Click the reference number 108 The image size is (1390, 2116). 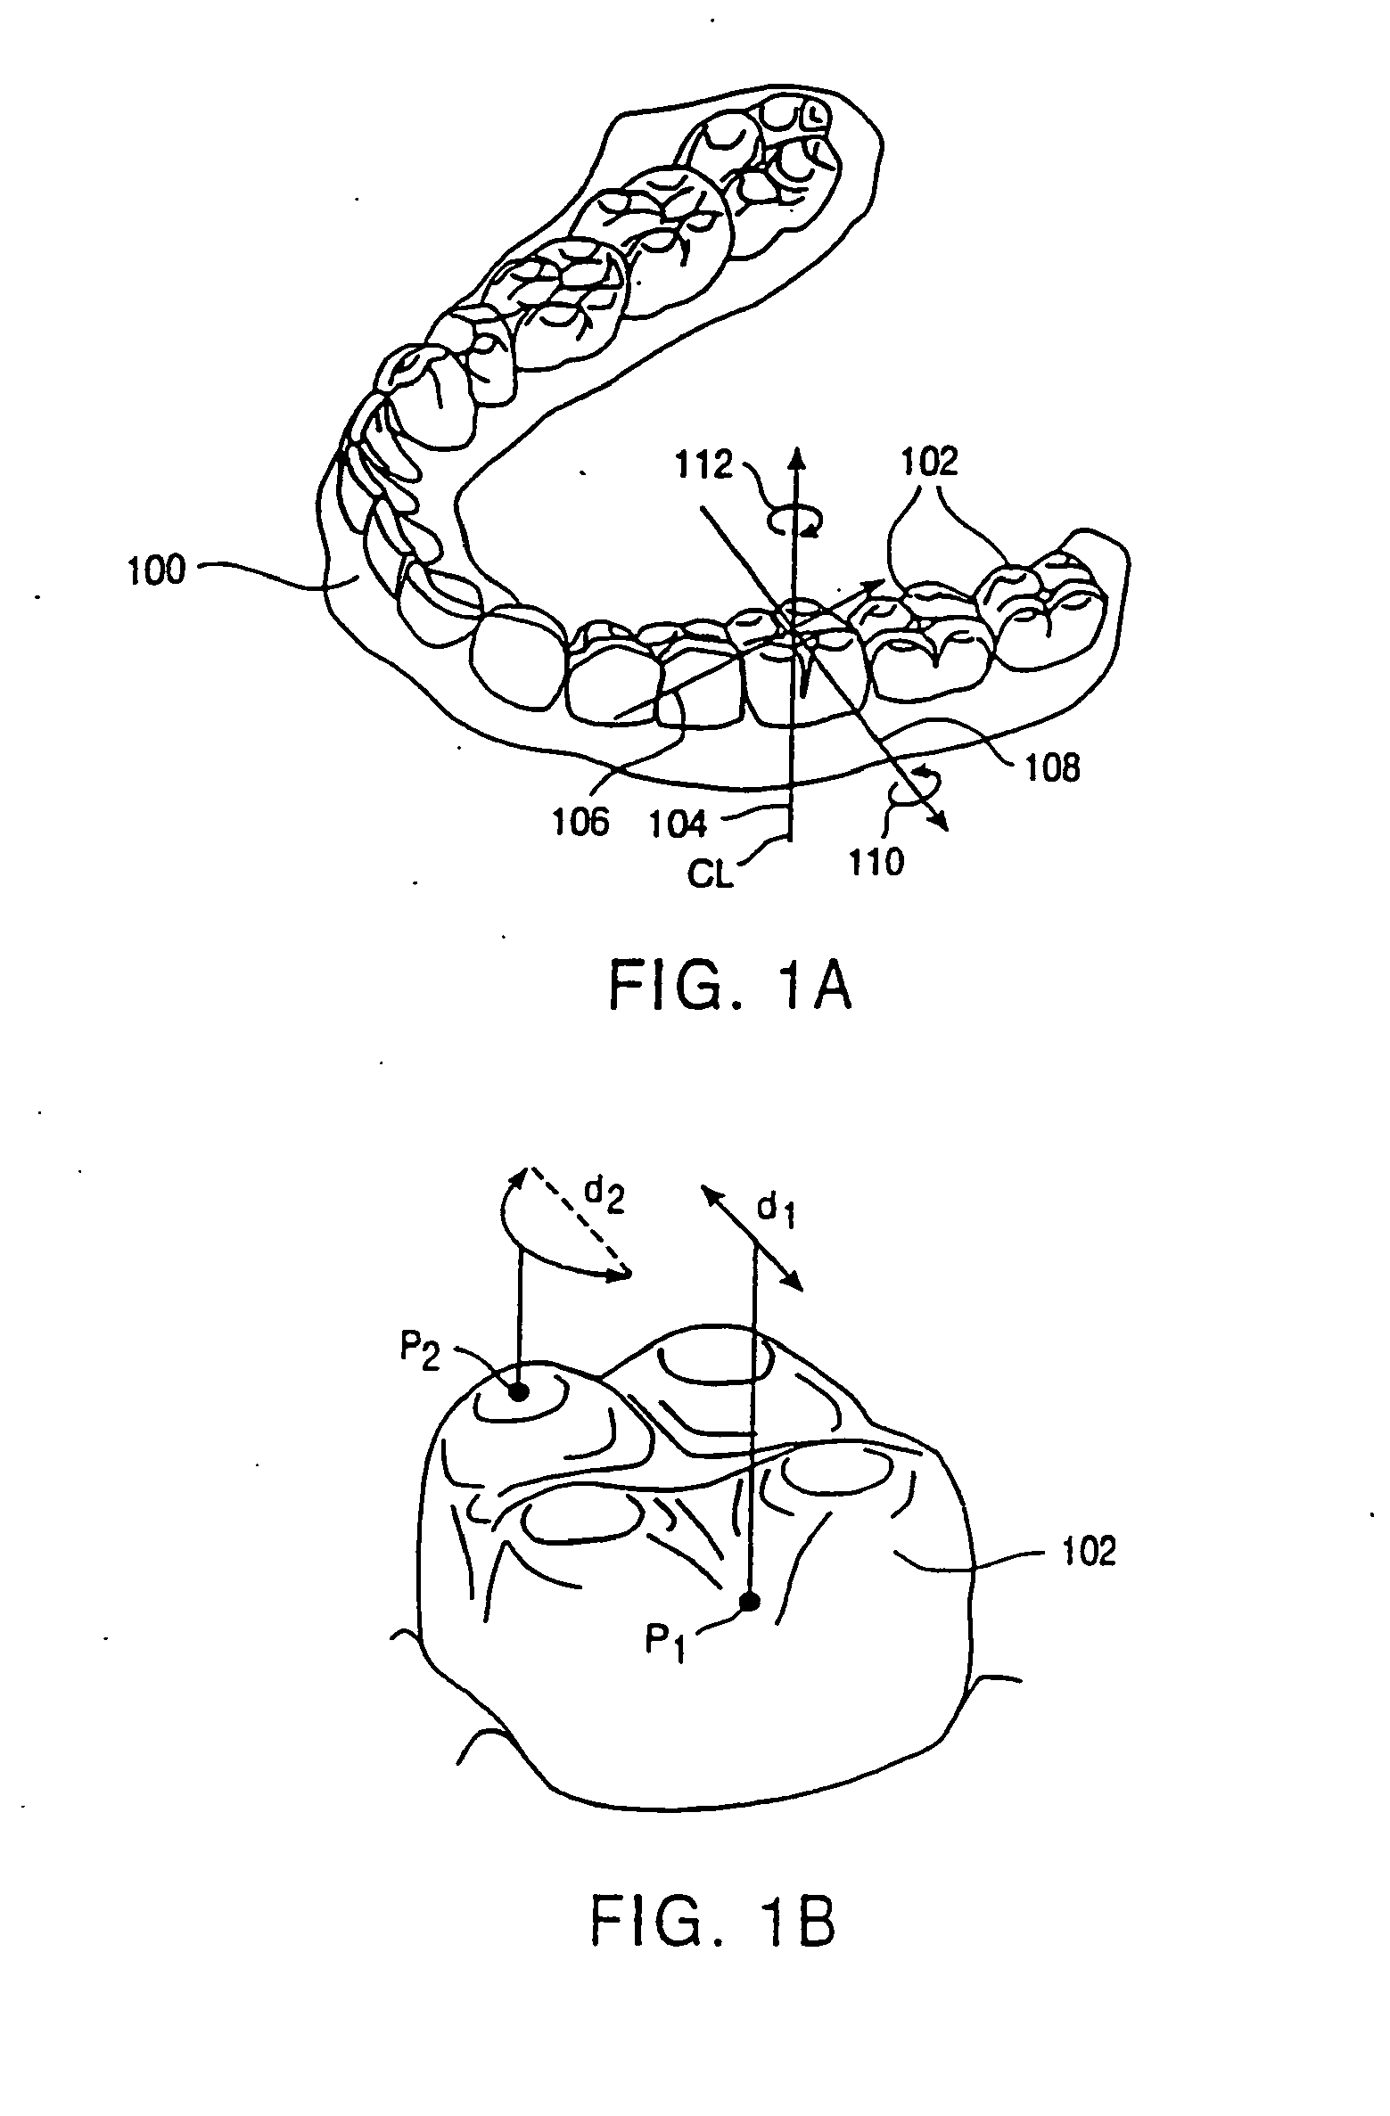[1053, 767]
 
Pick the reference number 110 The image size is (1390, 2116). [877, 862]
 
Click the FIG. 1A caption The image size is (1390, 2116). [729, 988]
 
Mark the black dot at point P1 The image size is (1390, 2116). [751, 1603]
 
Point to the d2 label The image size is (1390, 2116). [605, 1200]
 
